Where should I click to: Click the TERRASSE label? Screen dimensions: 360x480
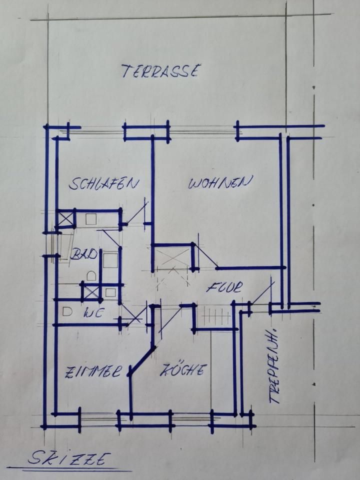tap(161, 71)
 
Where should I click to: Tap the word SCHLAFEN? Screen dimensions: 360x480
tap(103, 183)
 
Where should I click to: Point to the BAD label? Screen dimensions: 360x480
tap(83, 254)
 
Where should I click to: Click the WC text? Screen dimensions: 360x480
tap(92, 313)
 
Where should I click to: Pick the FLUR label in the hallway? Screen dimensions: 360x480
tap(224, 287)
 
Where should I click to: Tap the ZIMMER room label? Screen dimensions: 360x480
tap(93, 372)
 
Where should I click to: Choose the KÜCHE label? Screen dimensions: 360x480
tap(183, 370)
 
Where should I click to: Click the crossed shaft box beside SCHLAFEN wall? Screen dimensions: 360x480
tap(65, 219)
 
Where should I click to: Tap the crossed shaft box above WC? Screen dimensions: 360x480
tap(90, 292)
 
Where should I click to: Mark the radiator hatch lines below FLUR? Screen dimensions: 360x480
tap(214, 316)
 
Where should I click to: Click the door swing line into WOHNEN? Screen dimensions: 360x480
tap(205, 256)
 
